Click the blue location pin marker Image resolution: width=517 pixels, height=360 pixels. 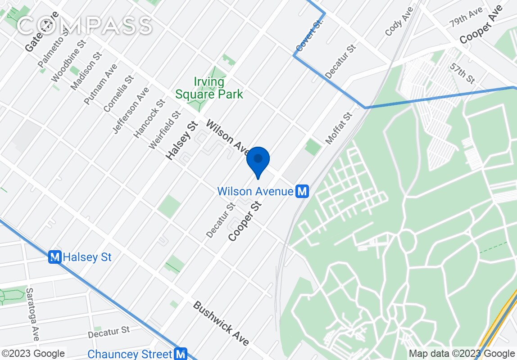tap(258, 161)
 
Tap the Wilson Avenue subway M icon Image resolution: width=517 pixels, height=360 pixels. tap(302, 192)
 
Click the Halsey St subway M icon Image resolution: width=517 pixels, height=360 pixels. tap(54, 257)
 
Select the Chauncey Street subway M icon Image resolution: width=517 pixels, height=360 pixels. tap(181, 354)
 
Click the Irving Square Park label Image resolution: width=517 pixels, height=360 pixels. tap(209, 88)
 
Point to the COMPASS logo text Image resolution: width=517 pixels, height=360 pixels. tap(84, 25)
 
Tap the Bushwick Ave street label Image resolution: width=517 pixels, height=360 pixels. tap(221, 324)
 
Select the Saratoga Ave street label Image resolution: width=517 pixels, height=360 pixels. tap(33, 314)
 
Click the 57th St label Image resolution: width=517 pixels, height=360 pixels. tap(463, 73)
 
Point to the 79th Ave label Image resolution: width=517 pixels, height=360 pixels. tap(466, 18)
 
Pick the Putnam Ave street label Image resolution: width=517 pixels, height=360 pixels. tap(100, 85)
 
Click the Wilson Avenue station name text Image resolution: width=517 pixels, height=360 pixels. tap(255, 192)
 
